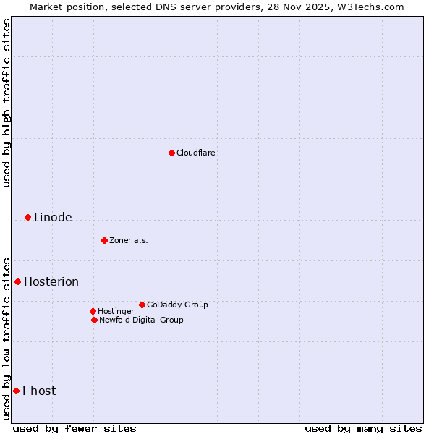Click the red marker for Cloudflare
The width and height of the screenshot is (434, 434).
coord(171,153)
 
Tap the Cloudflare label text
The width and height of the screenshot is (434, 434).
coord(196,153)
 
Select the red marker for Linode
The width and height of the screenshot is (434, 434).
coord(27,217)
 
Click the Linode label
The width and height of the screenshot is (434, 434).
coord(53,218)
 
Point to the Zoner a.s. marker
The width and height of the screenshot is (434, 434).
coord(104,240)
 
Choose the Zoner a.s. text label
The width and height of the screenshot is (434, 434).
coord(129,240)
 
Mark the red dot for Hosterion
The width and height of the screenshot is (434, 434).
coord(17,281)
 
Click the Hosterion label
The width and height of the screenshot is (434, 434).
coord(51,282)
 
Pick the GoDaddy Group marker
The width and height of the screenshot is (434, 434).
coord(142,305)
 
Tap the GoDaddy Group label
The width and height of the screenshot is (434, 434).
coord(177,305)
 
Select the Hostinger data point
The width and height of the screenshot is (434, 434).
coord(93,311)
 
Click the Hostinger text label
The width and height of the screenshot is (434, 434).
coord(116,311)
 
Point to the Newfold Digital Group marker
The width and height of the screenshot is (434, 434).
coord(94,320)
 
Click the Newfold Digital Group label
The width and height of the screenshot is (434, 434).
coord(141,320)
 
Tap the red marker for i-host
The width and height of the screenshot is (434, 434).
coord(16,391)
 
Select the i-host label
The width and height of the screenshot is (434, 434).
coord(39,391)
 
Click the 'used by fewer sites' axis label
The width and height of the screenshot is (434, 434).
coord(75,428)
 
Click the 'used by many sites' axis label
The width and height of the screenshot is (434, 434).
coord(363,428)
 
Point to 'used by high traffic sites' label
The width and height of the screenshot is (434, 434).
coord(7,103)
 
